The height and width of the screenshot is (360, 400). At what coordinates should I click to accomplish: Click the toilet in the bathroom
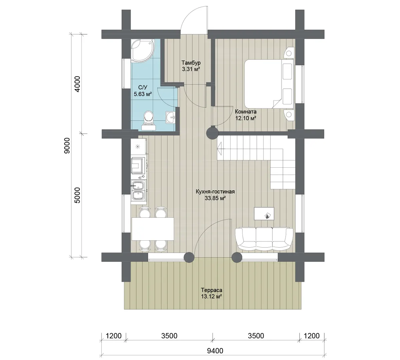coord(148,121)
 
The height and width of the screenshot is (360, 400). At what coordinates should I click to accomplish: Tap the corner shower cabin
coord(142,50)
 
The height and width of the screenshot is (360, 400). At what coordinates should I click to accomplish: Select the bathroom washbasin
coord(170,117)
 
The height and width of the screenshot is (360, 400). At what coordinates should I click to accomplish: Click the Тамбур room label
coord(191,62)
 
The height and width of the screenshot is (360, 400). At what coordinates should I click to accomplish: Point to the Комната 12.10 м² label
coord(246,115)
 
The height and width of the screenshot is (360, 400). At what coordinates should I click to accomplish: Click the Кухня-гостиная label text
coord(215,191)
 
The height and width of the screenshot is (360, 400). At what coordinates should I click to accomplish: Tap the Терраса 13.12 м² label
coord(212,293)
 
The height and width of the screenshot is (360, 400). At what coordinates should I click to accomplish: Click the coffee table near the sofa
coord(264,213)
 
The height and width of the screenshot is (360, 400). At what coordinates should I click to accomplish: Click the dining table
coord(152,229)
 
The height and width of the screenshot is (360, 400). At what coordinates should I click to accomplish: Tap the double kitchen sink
coord(138,191)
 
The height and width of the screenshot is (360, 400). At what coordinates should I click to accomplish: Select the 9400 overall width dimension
coord(215,351)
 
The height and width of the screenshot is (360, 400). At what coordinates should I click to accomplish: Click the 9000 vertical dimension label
coord(67,146)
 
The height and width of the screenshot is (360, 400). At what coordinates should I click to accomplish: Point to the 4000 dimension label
coord(77,84)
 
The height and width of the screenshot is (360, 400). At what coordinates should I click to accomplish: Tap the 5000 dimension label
coord(77,195)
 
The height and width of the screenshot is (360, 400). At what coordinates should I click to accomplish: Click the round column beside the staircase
coord(212,133)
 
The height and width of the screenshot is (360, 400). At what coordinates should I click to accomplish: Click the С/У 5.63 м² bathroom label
coord(143,91)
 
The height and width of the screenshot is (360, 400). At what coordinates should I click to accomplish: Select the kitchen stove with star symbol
coord(138,147)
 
